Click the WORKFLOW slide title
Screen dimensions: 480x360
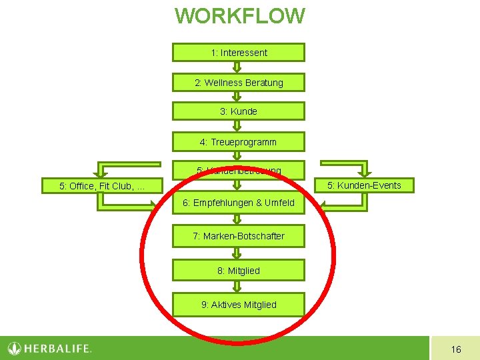point(239,16)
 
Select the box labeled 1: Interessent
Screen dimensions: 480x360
point(239,53)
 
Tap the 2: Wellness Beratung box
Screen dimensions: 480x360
point(239,83)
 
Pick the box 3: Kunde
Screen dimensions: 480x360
point(239,111)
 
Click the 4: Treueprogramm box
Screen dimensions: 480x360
point(239,142)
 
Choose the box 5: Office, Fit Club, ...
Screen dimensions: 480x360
point(102,186)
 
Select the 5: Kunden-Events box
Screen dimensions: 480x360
point(363,185)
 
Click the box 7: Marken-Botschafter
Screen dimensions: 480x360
point(239,236)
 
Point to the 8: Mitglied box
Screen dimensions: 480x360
point(239,271)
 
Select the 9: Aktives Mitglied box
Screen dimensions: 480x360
point(239,305)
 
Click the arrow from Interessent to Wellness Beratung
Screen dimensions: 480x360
point(237,67)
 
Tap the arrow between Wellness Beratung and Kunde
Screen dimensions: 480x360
point(237,97)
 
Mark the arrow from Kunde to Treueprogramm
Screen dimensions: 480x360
point(237,127)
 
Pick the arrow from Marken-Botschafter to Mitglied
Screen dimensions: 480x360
point(237,253)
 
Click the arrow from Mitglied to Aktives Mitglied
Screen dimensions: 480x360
point(237,287)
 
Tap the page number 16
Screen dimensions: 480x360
point(456,349)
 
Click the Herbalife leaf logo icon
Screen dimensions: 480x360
point(15,348)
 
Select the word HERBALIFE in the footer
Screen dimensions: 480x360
point(57,349)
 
